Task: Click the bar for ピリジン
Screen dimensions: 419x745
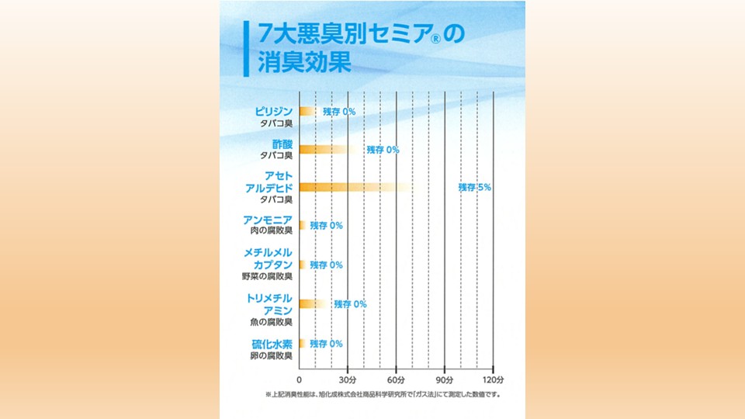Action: point(307,111)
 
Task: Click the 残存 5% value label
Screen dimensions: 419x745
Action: point(474,187)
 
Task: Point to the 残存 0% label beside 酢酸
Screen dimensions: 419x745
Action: point(383,149)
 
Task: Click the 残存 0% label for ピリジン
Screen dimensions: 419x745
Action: point(339,112)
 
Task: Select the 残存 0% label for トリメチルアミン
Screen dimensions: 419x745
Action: point(350,304)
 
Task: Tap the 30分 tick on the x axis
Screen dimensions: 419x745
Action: point(348,380)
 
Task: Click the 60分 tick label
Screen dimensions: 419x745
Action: point(397,380)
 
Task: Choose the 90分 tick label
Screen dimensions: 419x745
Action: point(445,380)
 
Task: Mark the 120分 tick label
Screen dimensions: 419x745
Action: point(493,380)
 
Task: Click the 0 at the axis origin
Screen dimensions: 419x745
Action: point(300,380)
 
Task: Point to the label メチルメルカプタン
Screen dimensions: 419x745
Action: point(268,258)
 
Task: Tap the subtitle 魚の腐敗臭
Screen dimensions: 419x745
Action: point(266,322)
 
